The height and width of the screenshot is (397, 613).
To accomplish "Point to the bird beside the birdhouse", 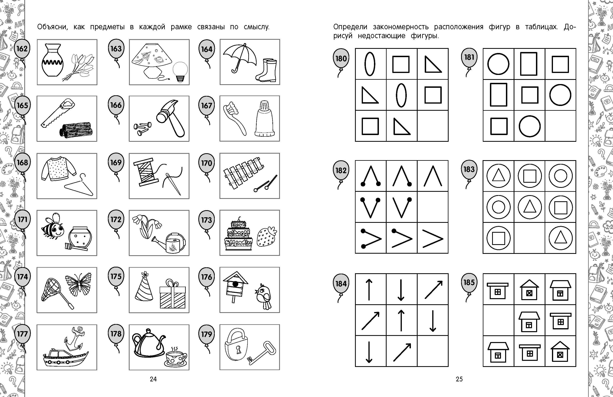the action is coord(263,296).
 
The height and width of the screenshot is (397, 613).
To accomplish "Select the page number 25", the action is coord(459,379).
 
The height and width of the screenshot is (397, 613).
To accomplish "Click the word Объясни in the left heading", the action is coord(53,27).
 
